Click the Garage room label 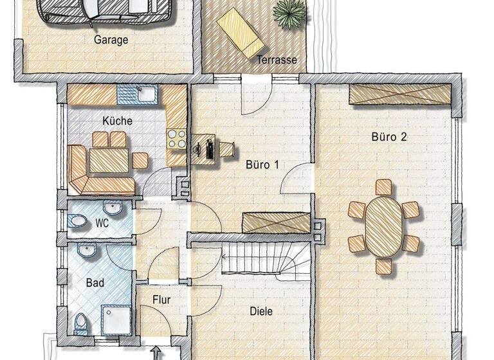click(111, 40)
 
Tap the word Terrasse click(277, 60)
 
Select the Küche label click(117, 120)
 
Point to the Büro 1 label click(262, 164)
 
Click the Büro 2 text click(389, 136)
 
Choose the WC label click(102, 223)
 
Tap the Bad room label click(95, 282)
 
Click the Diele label click(261, 311)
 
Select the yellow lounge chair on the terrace click(241, 35)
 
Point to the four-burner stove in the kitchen click(176, 138)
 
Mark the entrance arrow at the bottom click(156, 353)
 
